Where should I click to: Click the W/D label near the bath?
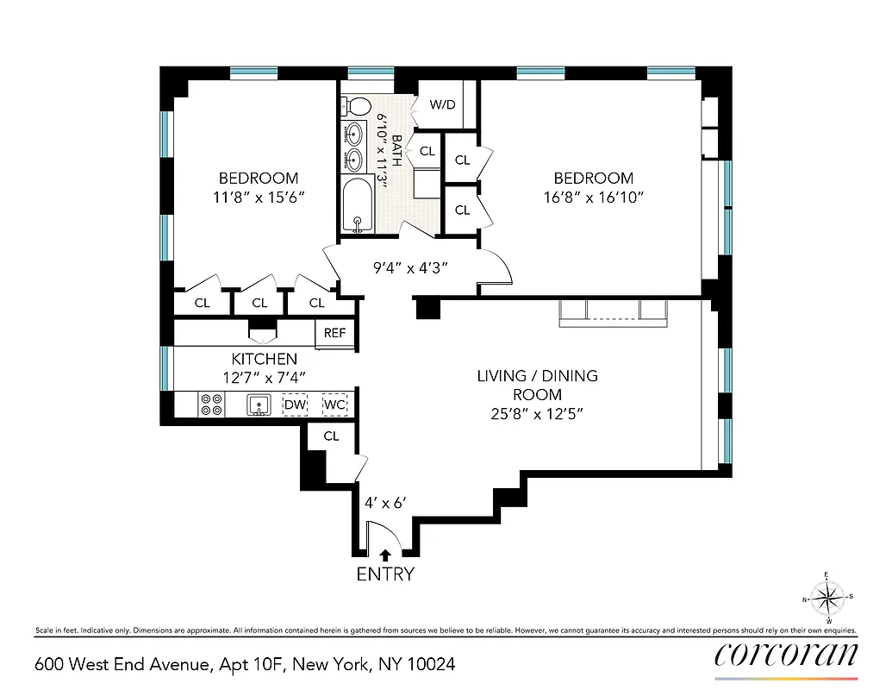(442, 105)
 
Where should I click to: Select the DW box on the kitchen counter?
(296, 404)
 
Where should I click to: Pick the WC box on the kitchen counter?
(334, 404)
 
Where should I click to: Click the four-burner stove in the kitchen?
(212, 404)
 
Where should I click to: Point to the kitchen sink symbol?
(257, 404)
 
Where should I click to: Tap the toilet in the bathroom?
(351, 106)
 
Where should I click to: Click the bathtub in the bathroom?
(357, 207)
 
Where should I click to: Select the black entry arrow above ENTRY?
(385, 555)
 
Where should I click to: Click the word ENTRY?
(385, 574)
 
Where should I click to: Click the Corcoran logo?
(786, 655)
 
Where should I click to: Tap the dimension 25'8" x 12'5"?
(537, 413)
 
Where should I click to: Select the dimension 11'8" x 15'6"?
(259, 197)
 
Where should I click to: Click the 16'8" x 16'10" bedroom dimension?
(593, 197)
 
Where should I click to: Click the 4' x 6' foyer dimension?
(381, 499)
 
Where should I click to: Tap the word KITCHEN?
(264, 359)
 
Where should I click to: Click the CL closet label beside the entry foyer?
(332, 436)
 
